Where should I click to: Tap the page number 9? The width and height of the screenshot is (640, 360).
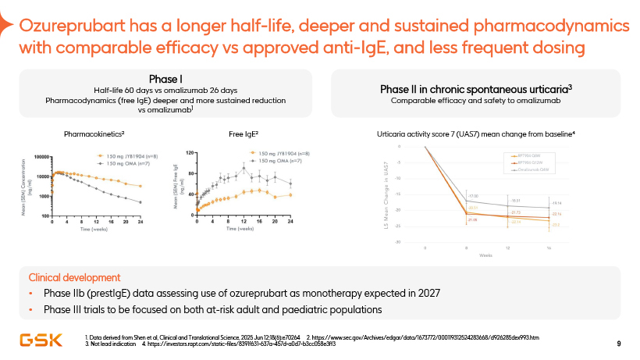[x=618, y=344]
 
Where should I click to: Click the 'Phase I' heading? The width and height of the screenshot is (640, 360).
[x=165, y=79]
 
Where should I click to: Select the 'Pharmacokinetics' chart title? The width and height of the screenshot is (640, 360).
[x=96, y=134]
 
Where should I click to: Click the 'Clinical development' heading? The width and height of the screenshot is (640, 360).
[x=74, y=277]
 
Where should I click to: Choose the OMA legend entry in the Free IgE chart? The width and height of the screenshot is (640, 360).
[x=279, y=160]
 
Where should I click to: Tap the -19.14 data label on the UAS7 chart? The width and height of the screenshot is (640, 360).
[x=556, y=202]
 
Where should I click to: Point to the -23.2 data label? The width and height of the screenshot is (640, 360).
[x=556, y=225]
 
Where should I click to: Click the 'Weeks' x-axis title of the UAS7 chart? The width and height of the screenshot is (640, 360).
[x=485, y=255]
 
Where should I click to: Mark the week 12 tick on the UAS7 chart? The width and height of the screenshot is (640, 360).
[x=508, y=247]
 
